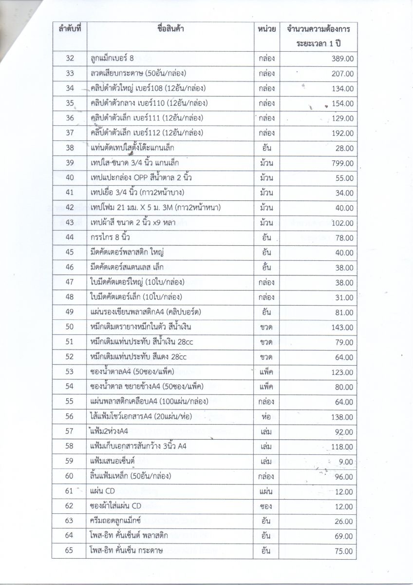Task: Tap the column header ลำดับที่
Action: tap(69, 29)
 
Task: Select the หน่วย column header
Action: tap(266, 29)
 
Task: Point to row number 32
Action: tap(69, 58)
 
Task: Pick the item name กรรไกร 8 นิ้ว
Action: tap(110, 237)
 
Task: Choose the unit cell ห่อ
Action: tap(266, 417)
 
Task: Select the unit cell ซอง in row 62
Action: tap(266, 507)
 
